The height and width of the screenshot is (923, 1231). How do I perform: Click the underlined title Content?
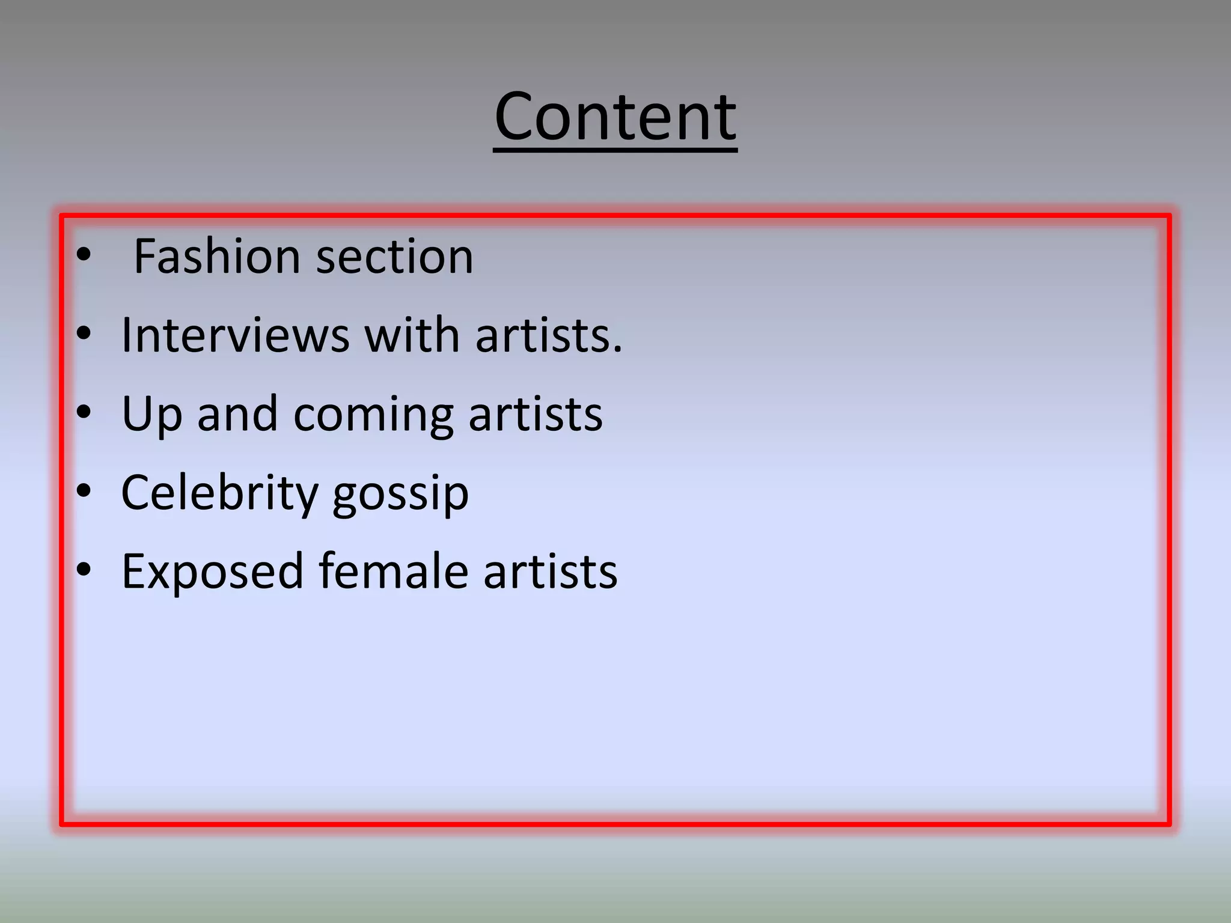click(x=615, y=117)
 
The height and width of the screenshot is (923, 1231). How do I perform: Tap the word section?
click(x=395, y=257)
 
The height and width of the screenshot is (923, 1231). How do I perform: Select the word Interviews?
click(x=235, y=335)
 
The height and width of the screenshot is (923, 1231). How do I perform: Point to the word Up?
click(x=151, y=415)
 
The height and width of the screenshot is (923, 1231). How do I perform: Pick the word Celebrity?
click(x=219, y=493)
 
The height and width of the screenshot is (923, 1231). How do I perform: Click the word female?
click(x=393, y=571)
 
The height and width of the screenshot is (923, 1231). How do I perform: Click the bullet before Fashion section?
click(x=84, y=255)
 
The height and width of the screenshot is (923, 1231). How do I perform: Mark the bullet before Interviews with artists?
click(x=84, y=333)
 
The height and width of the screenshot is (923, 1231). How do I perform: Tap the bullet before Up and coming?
click(x=84, y=412)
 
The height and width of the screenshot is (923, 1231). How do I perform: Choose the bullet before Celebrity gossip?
click(x=84, y=491)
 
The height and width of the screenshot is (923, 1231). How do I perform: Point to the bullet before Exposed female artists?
click(x=84, y=570)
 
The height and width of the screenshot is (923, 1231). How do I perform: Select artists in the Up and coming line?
click(x=535, y=415)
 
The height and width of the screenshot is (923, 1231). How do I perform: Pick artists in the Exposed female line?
click(x=550, y=571)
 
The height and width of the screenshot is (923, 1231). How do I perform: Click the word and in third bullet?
click(x=237, y=415)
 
